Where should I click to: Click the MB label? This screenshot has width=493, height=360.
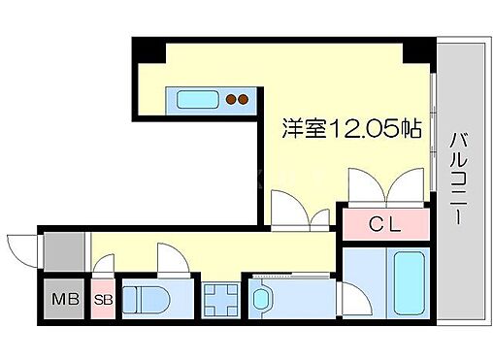point(61,299)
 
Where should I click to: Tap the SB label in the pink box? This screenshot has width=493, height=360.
point(104,299)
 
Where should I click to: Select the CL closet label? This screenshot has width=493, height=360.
point(385,224)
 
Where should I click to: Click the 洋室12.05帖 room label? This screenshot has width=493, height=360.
point(351,129)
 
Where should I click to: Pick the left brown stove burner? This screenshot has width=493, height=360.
point(231,98)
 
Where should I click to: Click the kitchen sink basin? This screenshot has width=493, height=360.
point(197,98)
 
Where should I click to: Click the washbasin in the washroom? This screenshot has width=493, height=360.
point(262,300)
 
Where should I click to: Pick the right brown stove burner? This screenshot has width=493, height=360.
point(244,98)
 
